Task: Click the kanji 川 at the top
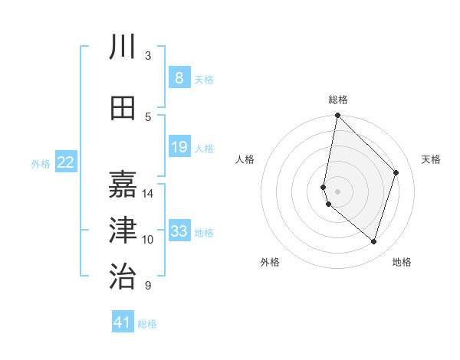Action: coord(123,47)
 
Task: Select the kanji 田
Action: coord(123,108)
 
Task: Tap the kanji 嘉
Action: coord(123,185)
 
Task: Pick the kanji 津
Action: coord(123,231)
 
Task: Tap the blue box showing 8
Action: coord(179,78)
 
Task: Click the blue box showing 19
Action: coord(179,147)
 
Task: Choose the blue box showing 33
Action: coord(179,231)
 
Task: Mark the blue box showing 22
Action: coord(66,162)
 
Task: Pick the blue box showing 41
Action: coord(123,322)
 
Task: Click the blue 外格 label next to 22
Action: coord(41,163)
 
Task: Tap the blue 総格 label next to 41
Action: coord(147,324)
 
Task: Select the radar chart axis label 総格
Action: coord(338,100)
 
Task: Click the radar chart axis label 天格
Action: coord(432,159)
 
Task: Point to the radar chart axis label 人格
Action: coord(245,159)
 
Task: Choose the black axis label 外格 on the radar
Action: coord(270,262)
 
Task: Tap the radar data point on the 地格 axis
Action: coord(373,241)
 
